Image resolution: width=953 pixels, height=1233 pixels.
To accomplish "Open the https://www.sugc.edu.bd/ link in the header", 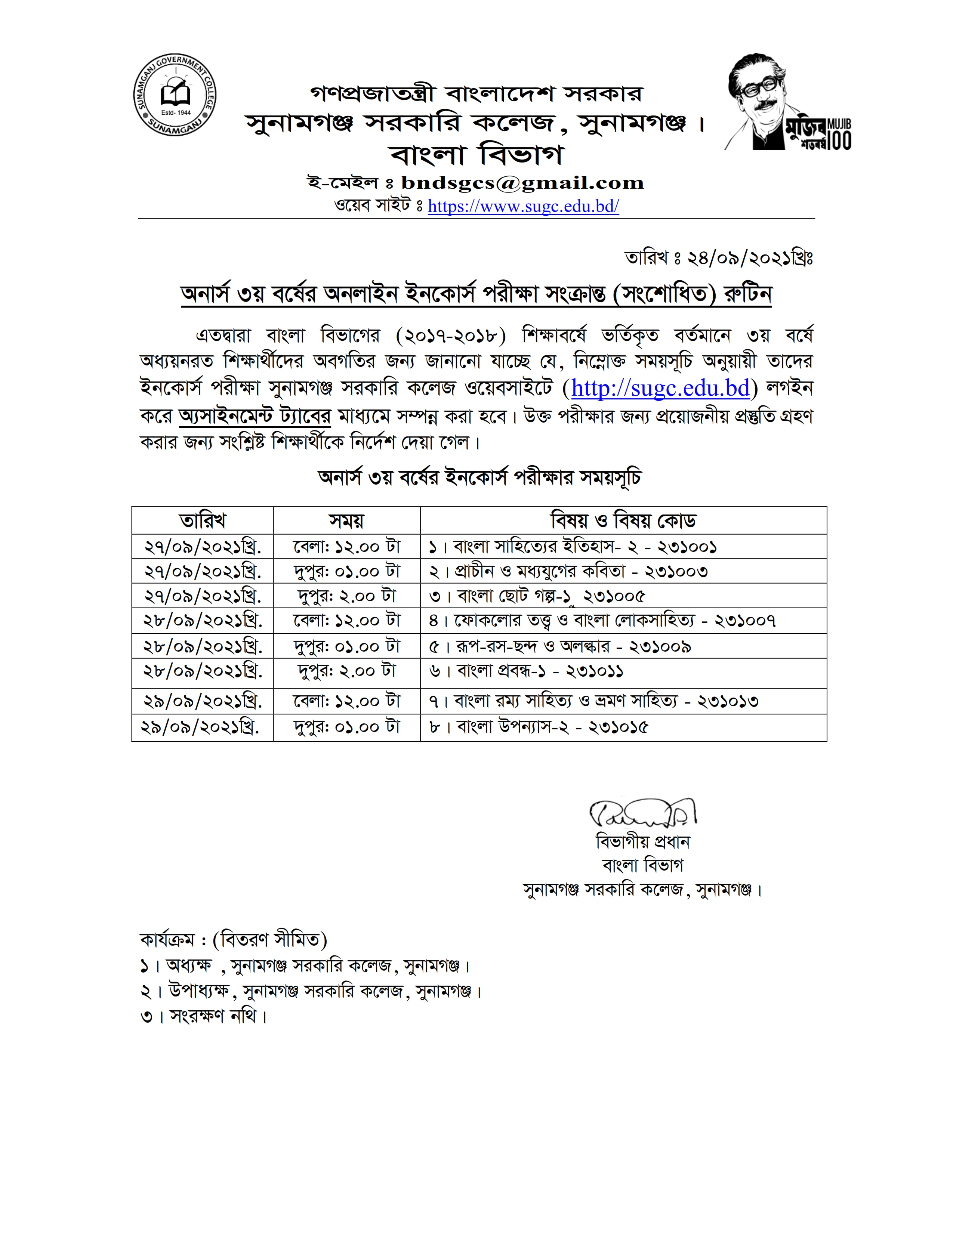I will pyautogui.click(x=523, y=206).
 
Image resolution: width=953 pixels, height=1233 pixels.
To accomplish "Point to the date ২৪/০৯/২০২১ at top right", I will pyautogui.click(x=718, y=258).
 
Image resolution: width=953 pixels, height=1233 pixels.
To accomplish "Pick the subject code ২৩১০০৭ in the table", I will pyautogui.click(x=745, y=621).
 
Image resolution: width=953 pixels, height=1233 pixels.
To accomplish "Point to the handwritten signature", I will pyautogui.click(x=642, y=813).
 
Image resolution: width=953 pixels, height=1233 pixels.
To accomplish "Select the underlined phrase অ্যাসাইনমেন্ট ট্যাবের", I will pyautogui.click(x=255, y=416).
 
